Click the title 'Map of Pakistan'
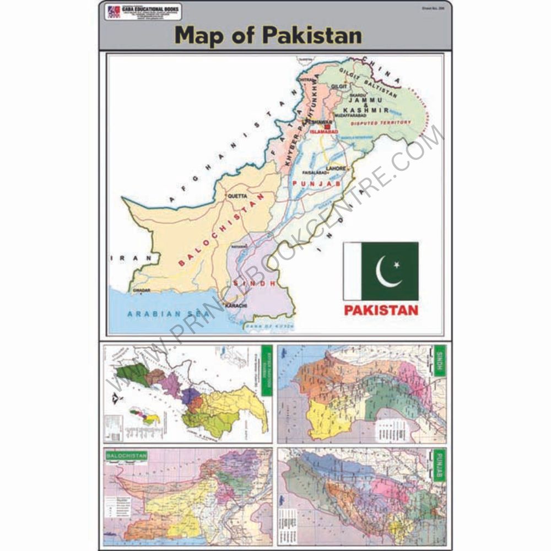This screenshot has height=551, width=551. [x=268, y=35]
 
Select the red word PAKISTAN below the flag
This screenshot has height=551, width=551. [x=381, y=310]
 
